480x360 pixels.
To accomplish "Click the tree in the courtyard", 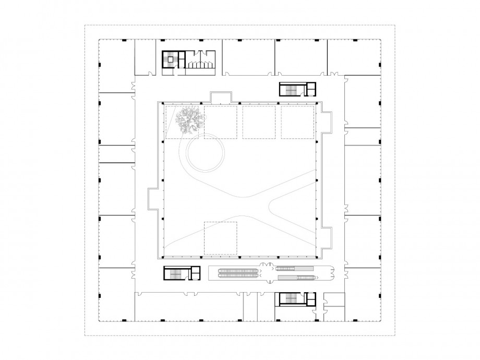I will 190,121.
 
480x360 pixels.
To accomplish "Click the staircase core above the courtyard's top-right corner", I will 291,89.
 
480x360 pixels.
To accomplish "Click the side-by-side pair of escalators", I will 239,271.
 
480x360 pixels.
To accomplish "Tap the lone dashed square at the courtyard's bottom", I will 220,238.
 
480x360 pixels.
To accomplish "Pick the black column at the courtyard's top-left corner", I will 163,103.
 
